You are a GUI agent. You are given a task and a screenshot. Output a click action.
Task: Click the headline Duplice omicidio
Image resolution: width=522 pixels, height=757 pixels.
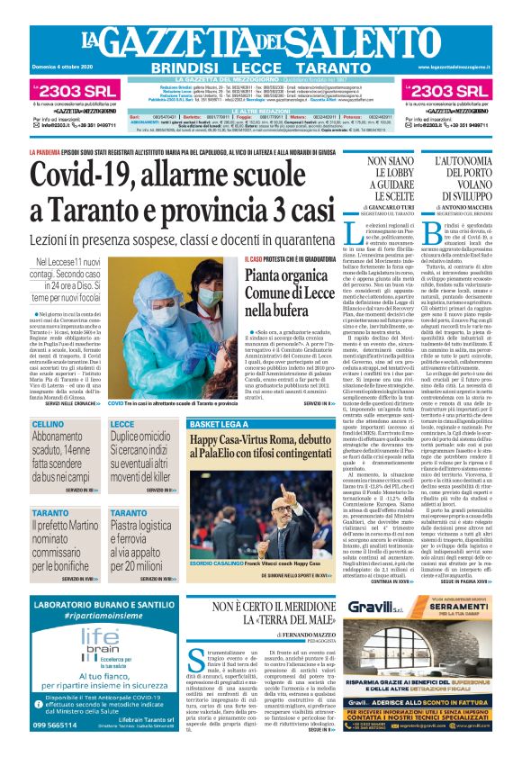[x=140, y=442]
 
